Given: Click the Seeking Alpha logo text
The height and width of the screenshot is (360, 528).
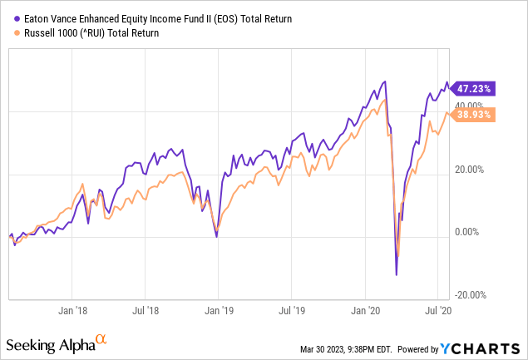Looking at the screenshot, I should click(49, 345).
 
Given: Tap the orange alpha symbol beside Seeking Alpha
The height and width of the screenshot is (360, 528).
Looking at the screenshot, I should click(101, 339).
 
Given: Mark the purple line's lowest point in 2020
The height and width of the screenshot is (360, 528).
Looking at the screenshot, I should click(397, 274).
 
